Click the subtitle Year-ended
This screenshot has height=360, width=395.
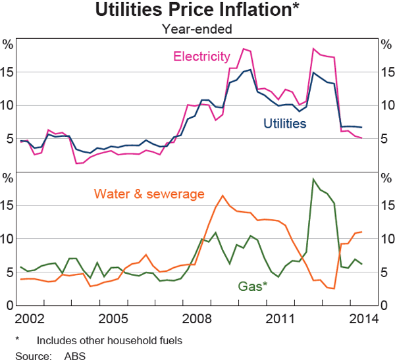coord(197,28)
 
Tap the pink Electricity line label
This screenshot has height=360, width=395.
coord(202,57)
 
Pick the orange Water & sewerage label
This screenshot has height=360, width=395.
coord(149,193)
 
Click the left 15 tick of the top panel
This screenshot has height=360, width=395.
coord(8,72)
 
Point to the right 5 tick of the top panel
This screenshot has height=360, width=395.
coord(384,139)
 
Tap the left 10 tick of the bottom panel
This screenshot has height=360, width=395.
coord(8,239)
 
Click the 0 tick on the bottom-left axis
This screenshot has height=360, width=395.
coord(10,306)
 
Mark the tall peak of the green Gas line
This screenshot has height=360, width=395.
coord(313,179)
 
